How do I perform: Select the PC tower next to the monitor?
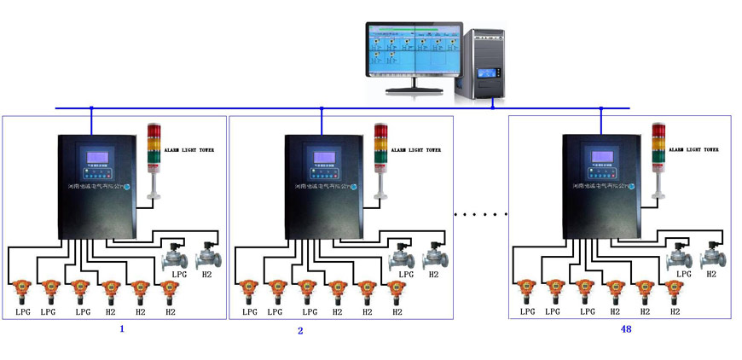[x=484, y=66]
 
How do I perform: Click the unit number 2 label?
[x=300, y=330]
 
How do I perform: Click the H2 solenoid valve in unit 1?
[x=207, y=253]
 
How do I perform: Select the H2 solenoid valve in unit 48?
[x=710, y=253]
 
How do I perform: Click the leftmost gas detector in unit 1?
[x=22, y=291]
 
